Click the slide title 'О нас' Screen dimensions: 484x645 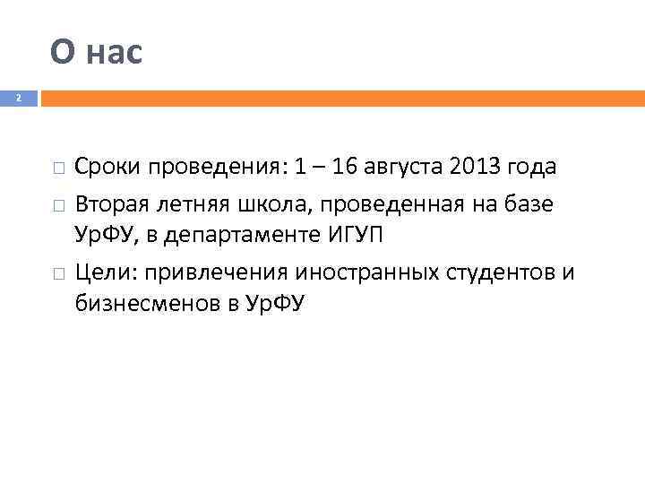point(96,53)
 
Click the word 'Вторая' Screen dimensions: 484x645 point(110,205)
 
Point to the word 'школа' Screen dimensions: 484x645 point(263,205)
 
